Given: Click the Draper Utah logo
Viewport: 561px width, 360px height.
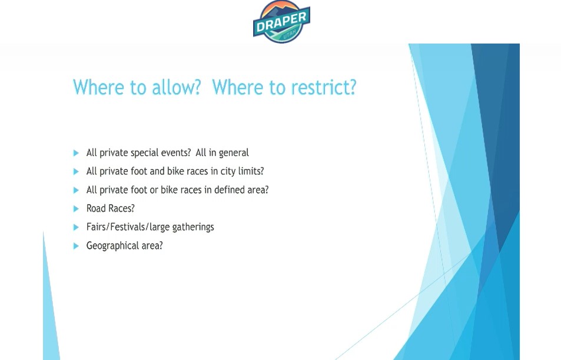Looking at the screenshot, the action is (281, 22).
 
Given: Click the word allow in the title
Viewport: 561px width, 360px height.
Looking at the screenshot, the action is (177, 87).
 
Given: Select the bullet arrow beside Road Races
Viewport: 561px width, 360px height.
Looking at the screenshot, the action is (76, 208).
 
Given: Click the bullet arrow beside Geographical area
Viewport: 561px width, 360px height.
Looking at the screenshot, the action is (76, 246).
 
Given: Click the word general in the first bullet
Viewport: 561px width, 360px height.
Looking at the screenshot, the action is (234, 153).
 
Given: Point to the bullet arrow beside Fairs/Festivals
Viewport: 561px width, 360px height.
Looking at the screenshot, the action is (76, 227).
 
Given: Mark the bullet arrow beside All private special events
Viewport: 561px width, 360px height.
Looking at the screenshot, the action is (76, 153).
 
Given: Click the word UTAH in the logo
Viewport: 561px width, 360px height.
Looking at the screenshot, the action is (290, 35).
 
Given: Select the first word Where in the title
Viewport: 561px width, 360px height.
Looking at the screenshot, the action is (98, 87).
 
